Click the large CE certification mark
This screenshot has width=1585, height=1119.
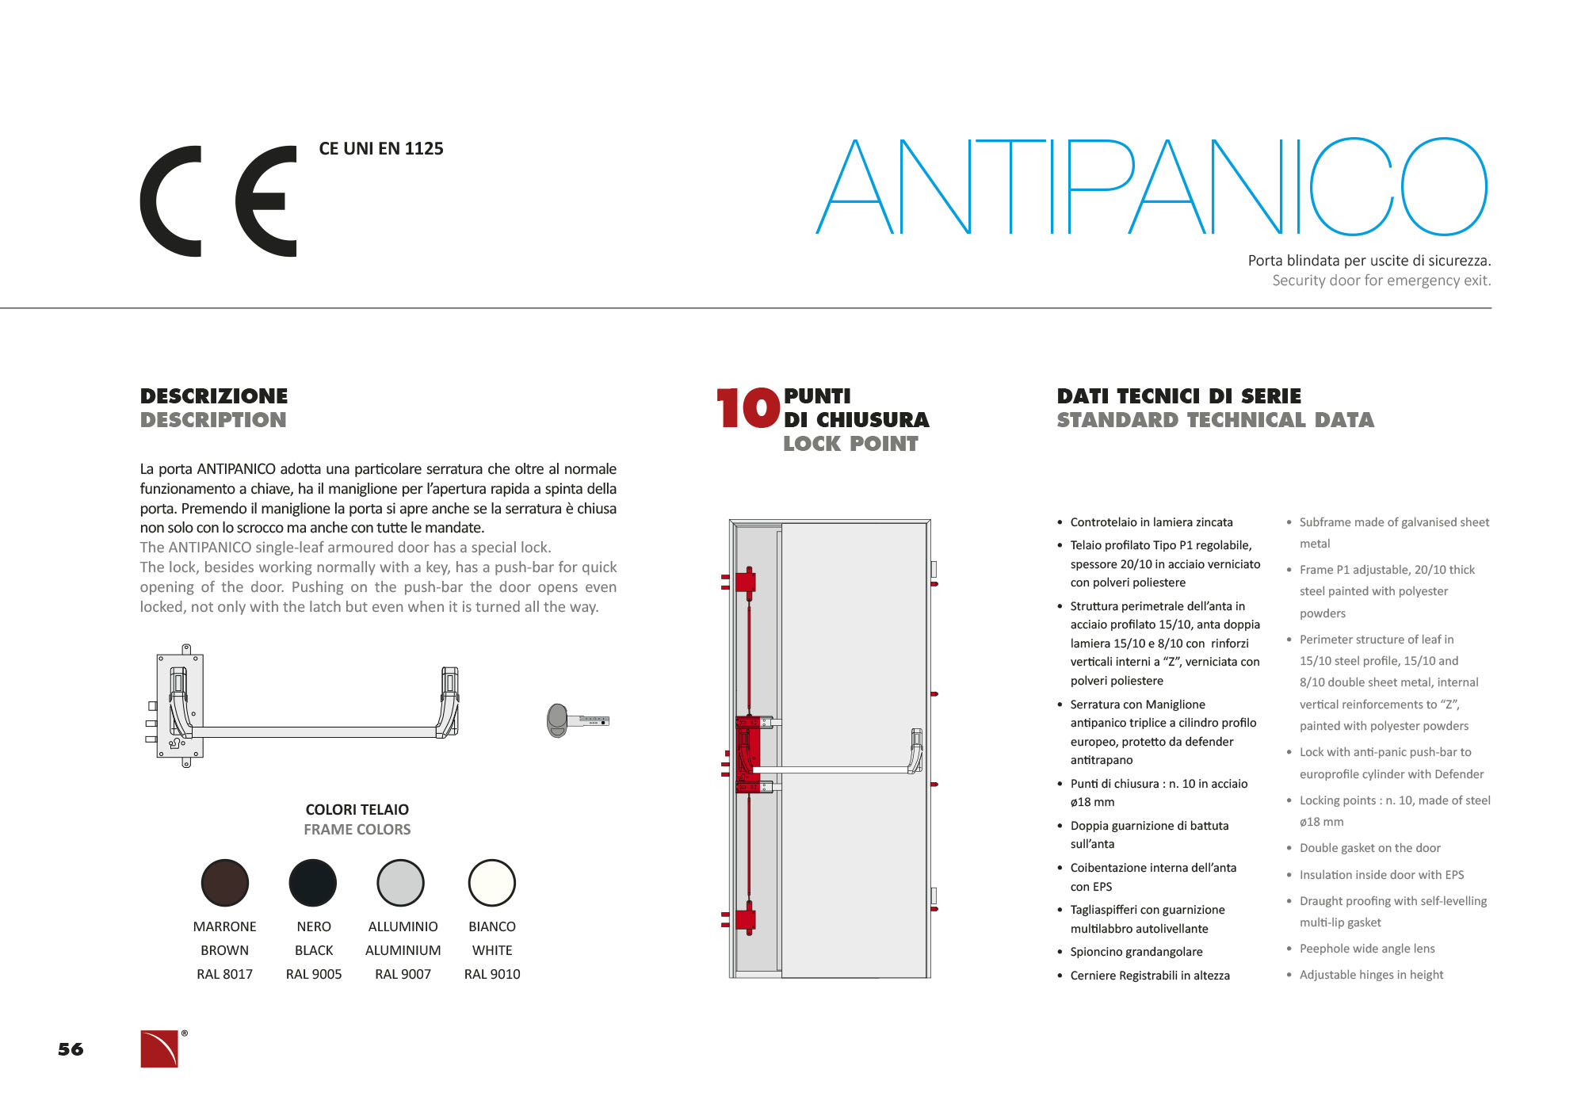click(218, 201)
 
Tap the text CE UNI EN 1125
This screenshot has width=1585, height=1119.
click(380, 149)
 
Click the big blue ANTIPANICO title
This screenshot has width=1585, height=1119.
click(1151, 187)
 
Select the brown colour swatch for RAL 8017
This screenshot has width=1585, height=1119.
click(225, 882)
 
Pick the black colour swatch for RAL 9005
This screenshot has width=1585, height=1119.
click(313, 882)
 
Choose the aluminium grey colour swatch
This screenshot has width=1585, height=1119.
click(401, 882)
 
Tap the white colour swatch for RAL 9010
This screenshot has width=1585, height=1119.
click(492, 882)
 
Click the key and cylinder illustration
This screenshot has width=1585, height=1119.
click(577, 720)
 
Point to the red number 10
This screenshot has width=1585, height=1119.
click(747, 408)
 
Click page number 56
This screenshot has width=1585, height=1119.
click(71, 1049)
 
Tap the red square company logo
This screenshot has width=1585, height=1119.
click(159, 1048)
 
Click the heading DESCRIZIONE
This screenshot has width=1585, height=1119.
click(214, 395)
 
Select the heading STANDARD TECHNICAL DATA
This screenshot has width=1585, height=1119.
click(1215, 420)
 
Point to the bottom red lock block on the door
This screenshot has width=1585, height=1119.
click(746, 919)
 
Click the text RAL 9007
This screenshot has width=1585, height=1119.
click(403, 974)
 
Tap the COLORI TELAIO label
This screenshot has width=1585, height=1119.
click(357, 809)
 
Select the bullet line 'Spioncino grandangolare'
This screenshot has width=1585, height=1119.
click(1136, 952)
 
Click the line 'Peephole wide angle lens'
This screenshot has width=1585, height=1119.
click(1366, 949)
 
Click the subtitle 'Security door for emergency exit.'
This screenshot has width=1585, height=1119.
click(1381, 281)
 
